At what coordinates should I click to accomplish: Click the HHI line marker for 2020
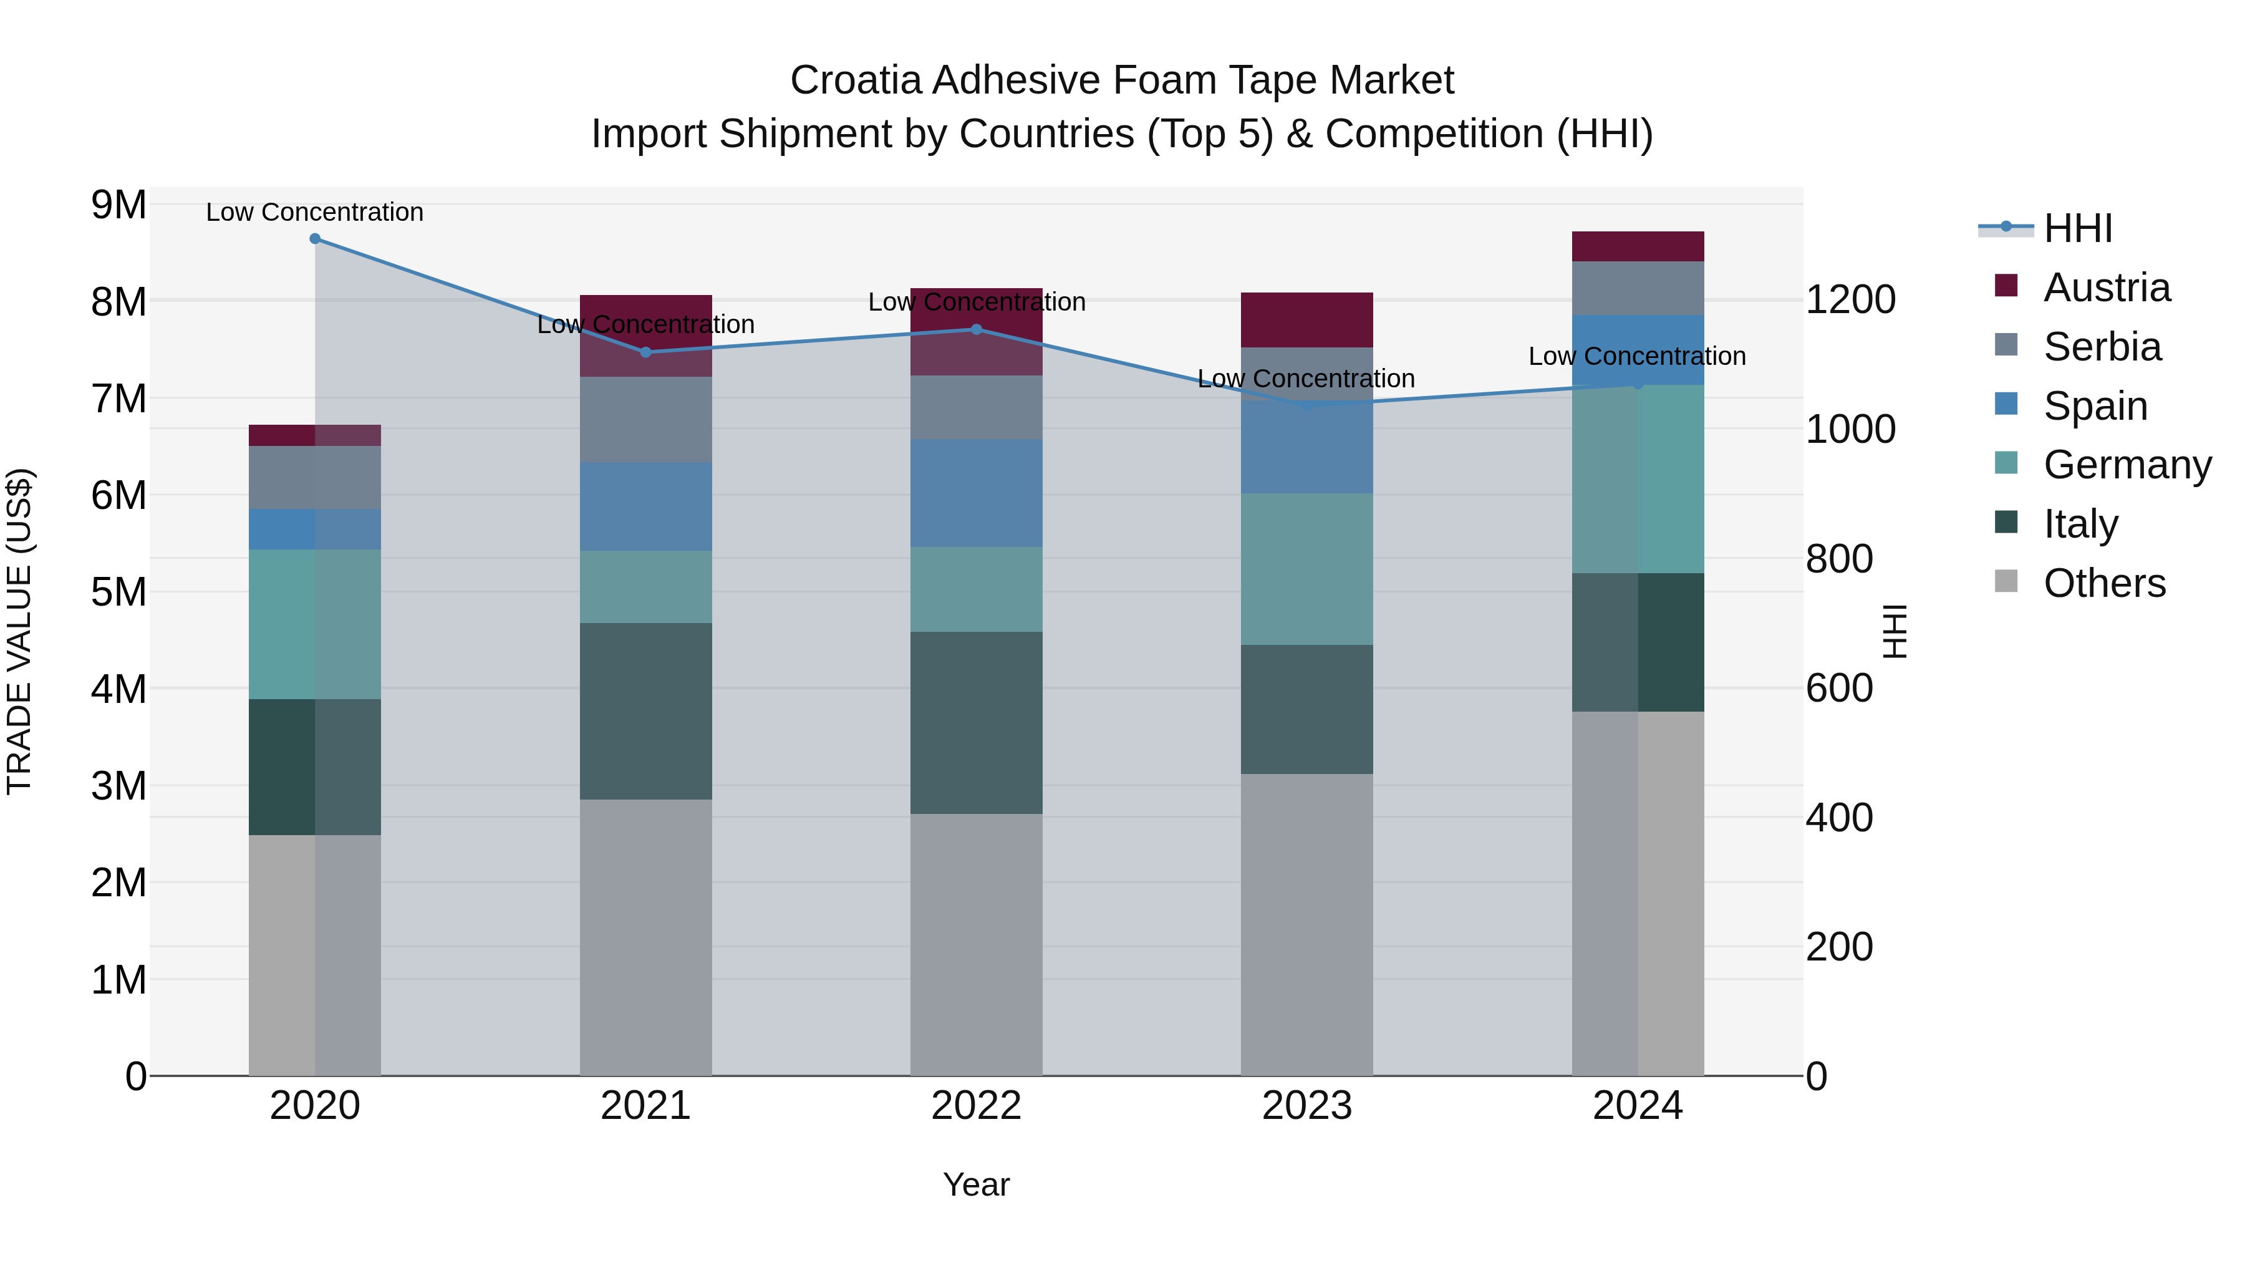pos(315,239)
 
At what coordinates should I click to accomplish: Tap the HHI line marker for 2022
pos(976,329)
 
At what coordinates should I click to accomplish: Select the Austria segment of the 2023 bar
pos(1306,320)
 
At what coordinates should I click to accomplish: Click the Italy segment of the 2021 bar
pos(646,710)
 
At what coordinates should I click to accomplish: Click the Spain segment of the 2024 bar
pos(1638,349)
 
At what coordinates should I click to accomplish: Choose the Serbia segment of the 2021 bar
pos(646,419)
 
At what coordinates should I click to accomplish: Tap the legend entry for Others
pos(2104,583)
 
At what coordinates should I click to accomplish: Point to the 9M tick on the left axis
pos(119,206)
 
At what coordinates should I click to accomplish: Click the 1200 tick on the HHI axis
pos(1850,300)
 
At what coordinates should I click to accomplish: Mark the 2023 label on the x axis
pos(1306,1106)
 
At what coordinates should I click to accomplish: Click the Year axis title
pos(976,1184)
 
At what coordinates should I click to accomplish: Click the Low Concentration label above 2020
pos(315,212)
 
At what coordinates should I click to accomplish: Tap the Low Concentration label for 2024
pos(1637,357)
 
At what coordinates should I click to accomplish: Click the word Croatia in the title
pos(855,80)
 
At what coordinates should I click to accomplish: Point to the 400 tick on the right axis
pos(1839,818)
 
